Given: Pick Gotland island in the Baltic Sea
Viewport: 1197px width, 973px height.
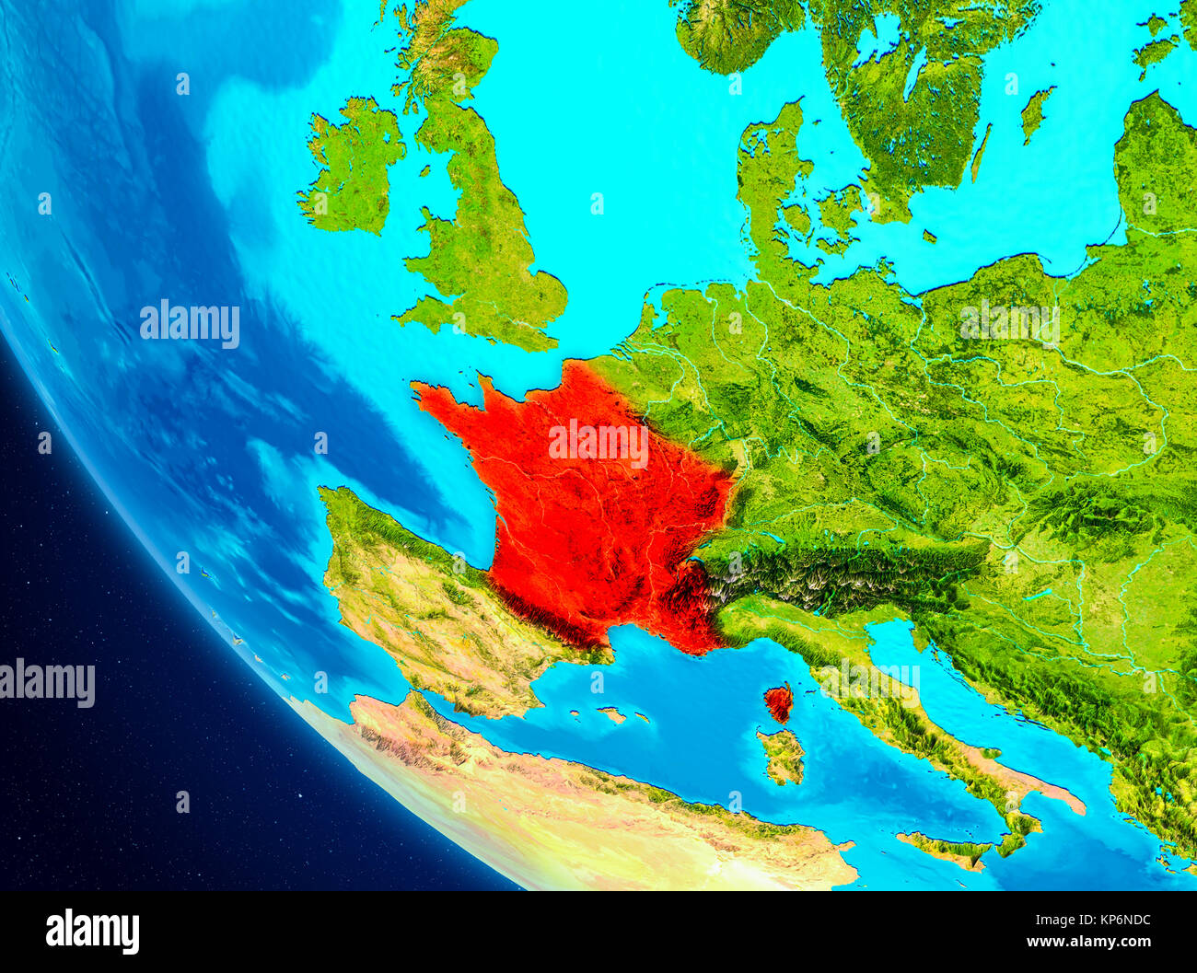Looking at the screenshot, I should tap(1035, 112).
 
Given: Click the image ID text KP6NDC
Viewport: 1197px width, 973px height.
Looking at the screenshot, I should tap(1118, 919).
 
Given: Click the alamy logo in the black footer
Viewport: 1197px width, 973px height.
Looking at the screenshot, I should tap(92, 931).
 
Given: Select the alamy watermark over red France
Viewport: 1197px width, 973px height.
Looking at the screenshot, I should tap(598, 444).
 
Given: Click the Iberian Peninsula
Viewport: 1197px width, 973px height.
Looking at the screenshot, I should tap(424, 608).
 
